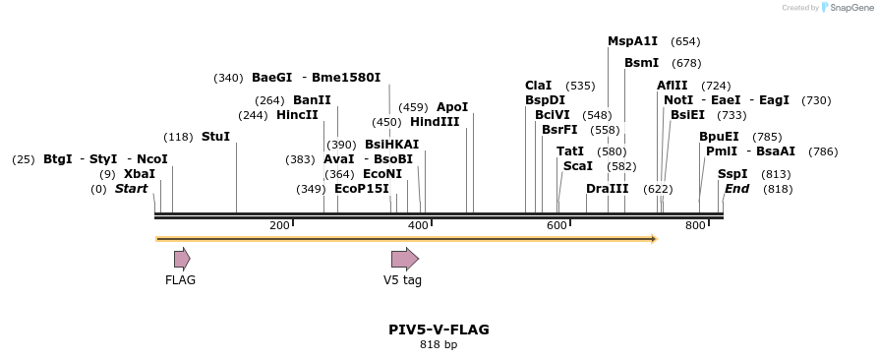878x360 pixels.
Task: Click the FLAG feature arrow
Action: (x=182, y=259)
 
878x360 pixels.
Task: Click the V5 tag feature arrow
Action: (x=404, y=259)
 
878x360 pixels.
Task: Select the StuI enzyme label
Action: (x=215, y=137)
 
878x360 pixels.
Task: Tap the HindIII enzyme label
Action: (x=435, y=122)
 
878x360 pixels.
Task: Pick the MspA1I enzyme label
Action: (x=632, y=41)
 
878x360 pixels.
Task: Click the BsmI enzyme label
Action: (x=641, y=63)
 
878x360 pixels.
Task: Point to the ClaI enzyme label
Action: (x=539, y=86)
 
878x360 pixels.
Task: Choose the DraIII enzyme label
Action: (x=607, y=189)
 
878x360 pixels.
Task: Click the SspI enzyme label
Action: (x=732, y=174)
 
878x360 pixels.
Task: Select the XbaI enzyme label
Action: (x=140, y=174)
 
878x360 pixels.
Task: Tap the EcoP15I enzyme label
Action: (x=362, y=189)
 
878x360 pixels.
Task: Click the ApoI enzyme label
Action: (x=452, y=107)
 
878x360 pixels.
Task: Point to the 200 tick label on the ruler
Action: (x=279, y=226)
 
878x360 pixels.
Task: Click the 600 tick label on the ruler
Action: (x=556, y=226)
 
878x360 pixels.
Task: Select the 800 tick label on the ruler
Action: (x=695, y=226)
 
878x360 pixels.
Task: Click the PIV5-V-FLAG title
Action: (x=439, y=330)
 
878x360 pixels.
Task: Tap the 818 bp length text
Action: (x=439, y=345)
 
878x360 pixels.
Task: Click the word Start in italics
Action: (x=131, y=189)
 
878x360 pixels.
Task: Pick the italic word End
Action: (x=736, y=189)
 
